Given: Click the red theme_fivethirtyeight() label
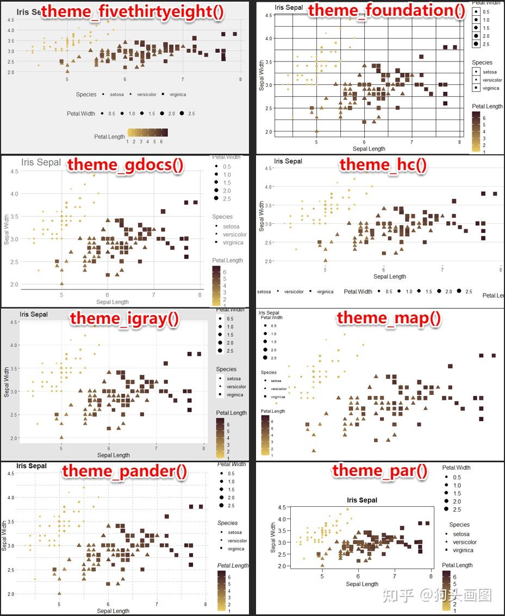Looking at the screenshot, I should pyautogui.click(x=132, y=11).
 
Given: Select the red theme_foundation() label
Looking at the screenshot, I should pyautogui.click(x=386, y=10).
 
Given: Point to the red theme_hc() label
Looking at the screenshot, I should pyautogui.click(x=383, y=164).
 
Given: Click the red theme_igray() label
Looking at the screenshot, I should pyautogui.click(x=124, y=318).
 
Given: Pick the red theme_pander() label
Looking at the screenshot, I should pyautogui.click(x=124, y=470).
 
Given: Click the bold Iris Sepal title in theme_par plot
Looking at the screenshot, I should pyautogui.click(x=361, y=500).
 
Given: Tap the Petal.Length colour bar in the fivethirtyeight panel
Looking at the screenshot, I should pyautogui.click(x=147, y=133).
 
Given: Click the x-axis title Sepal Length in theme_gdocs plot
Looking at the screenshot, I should pyautogui.click(x=112, y=302).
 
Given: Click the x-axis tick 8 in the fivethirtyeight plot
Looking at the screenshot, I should pyautogui.click(x=240, y=79).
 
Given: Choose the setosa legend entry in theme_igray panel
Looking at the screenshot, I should pyautogui.click(x=233, y=379).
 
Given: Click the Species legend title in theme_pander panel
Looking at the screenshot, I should pyautogui.click(x=227, y=523).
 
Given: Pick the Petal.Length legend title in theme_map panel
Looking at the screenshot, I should pyautogui.click(x=273, y=411).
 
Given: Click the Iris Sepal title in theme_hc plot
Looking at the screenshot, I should pyautogui.click(x=288, y=161).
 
